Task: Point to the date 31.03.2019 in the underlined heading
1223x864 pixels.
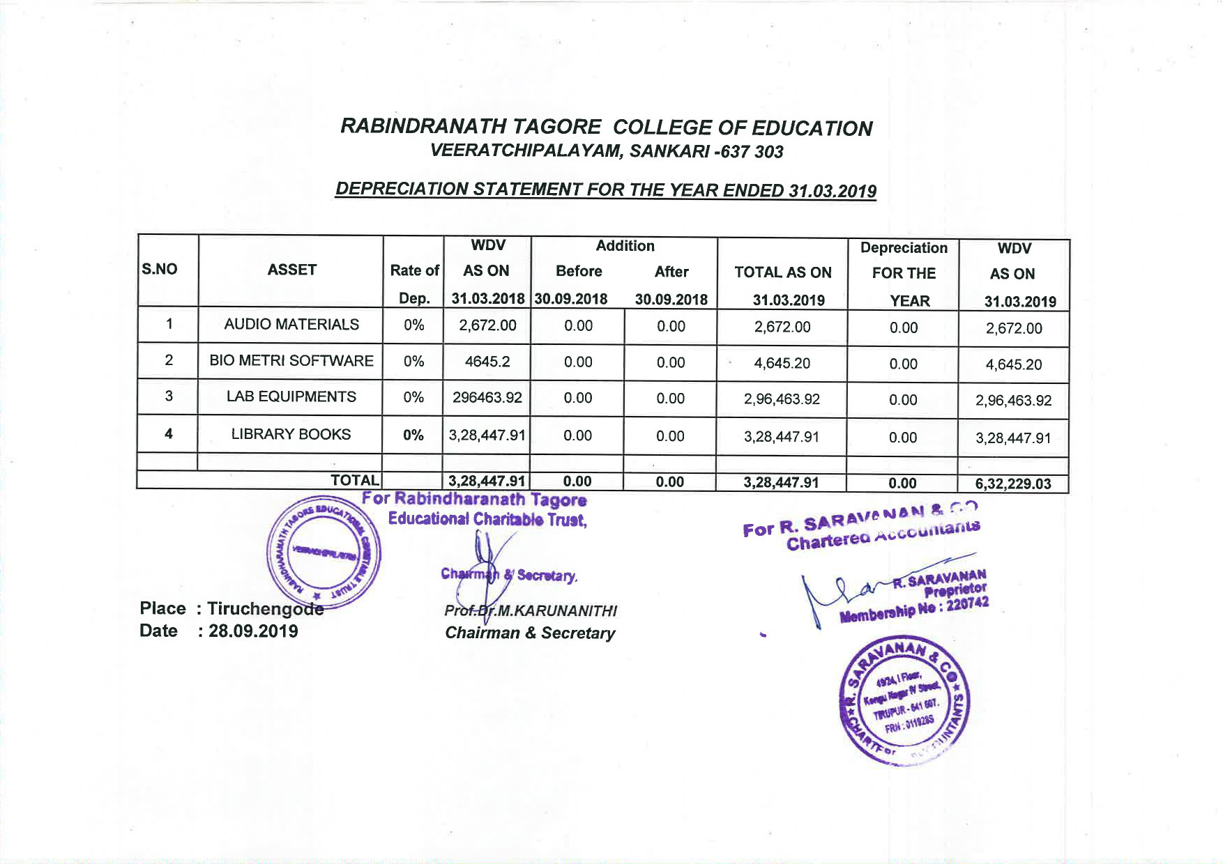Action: point(833,191)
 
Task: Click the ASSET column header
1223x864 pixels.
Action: point(291,270)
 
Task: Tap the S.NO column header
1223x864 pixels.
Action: point(160,269)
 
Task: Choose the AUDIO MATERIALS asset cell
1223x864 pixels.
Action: point(291,324)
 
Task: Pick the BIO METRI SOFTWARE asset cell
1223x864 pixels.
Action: point(291,360)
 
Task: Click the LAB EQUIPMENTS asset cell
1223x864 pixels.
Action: point(291,396)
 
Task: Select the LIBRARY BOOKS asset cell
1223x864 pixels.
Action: point(291,434)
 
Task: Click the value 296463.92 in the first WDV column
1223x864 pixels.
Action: point(487,397)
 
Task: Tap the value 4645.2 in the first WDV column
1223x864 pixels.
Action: point(487,361)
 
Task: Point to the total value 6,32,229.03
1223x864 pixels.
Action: point(1013,484)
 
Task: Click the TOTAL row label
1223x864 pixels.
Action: point(355,480)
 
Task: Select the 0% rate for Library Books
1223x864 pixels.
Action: point(413,435)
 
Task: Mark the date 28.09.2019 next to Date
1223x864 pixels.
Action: point(253,631)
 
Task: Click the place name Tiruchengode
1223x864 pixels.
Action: point(265,608)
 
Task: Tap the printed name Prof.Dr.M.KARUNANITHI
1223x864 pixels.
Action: point(531,611)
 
